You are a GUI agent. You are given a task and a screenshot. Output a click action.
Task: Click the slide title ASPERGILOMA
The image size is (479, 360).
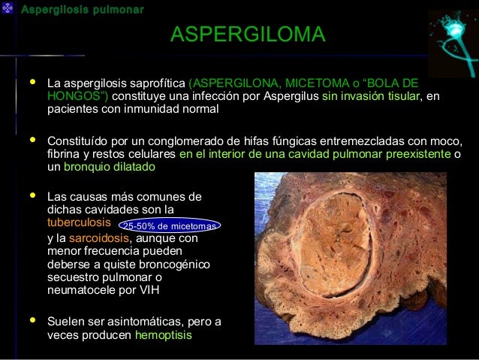coord(247,35)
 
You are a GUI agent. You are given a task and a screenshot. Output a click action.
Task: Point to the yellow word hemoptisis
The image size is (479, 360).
coord(163,335)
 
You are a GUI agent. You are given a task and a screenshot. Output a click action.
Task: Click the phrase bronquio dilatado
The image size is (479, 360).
coord(109,167)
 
